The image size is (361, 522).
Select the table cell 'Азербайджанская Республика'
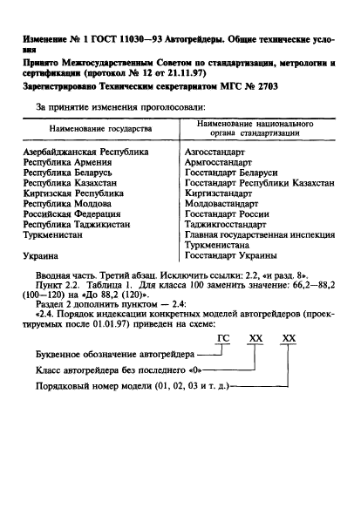click(85, 153)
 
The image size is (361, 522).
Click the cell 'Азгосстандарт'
click(221, 153)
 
